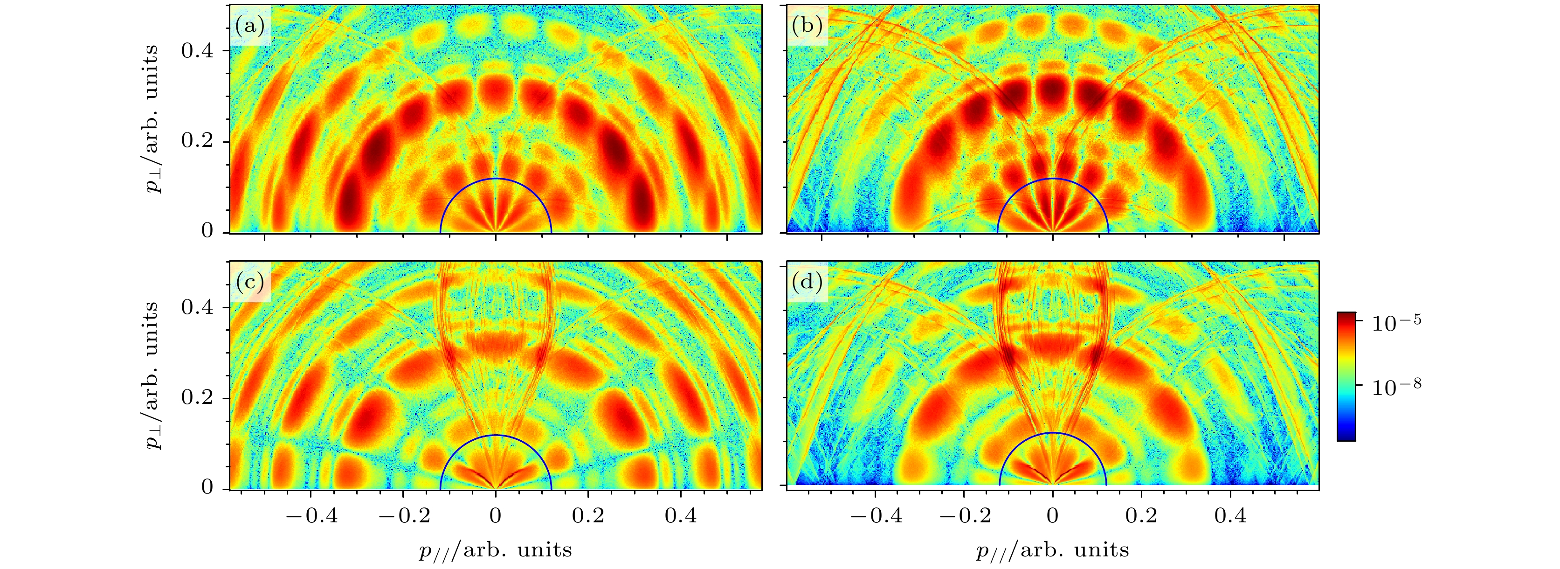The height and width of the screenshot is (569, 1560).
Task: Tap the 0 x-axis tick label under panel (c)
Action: click(x=496, y=516)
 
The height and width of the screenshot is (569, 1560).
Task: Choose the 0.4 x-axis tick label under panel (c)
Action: click(x=681, y=516)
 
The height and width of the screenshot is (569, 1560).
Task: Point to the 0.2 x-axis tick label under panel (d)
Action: click(x=1141, y=516)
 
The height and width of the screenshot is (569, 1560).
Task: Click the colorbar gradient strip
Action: click(x=1346, y=376)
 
